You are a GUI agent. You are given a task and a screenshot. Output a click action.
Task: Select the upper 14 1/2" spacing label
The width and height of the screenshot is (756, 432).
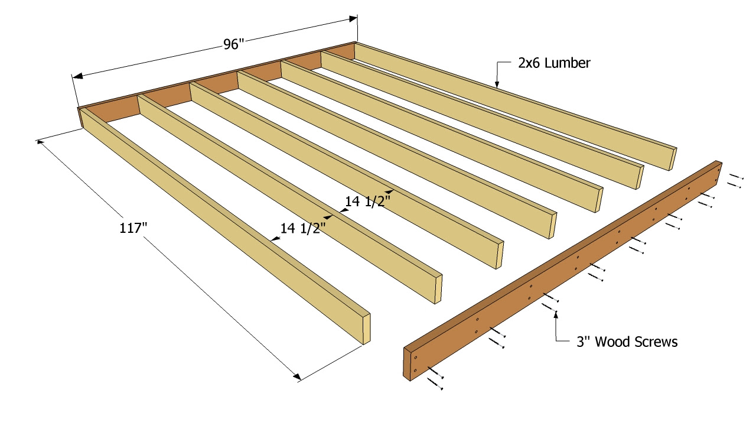367,202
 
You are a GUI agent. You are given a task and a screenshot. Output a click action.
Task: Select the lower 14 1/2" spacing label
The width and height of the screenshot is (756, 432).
303,228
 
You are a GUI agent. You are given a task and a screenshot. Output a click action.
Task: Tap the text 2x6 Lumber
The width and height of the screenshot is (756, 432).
553,63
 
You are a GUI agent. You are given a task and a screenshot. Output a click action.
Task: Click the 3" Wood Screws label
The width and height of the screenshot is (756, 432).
627,342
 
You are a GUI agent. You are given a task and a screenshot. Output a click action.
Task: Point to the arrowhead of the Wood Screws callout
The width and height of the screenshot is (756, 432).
555,316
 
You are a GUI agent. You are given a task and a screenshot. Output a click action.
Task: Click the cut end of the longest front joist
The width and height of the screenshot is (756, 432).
366,328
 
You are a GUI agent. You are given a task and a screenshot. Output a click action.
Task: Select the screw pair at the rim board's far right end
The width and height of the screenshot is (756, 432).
734,180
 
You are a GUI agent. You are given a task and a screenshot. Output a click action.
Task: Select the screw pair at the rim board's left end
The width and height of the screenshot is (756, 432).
437,378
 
